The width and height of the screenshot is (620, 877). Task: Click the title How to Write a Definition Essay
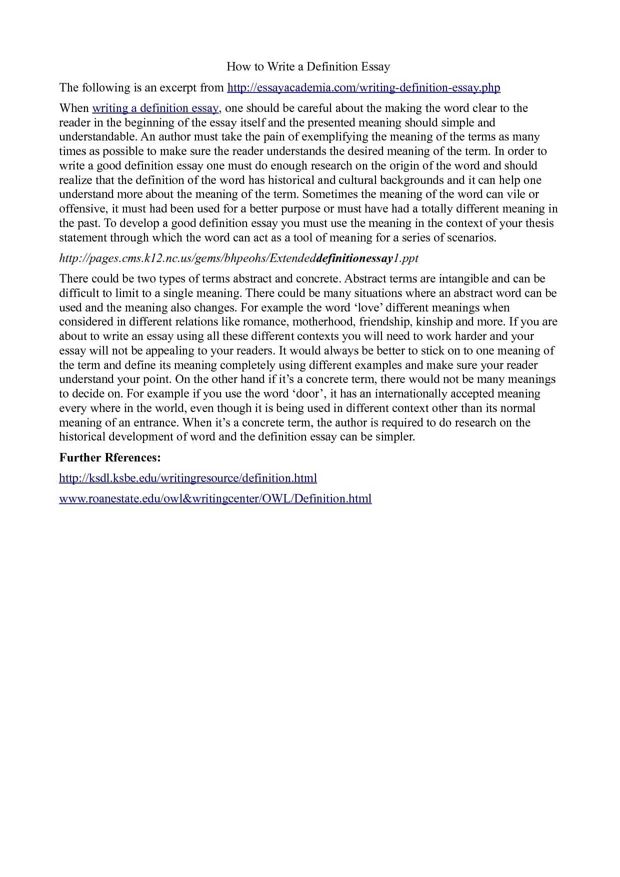[x=308, y=66]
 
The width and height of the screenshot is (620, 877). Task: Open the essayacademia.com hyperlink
[x=363, y=87]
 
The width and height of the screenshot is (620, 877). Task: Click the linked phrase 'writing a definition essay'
[x=155, y=108]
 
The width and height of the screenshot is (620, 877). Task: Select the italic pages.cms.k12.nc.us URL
[x=238, y=258]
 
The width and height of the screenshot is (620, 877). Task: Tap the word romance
[x=264, y=321]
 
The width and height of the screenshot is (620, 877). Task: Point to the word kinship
[x=434, y=321]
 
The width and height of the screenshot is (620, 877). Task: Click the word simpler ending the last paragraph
[x=395, y=436]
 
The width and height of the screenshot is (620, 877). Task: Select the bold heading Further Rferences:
[x=110, y=457]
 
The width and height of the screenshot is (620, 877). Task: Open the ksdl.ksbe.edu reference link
[x=188, y=478]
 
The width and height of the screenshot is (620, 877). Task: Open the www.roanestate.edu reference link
[x=215, y=498]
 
